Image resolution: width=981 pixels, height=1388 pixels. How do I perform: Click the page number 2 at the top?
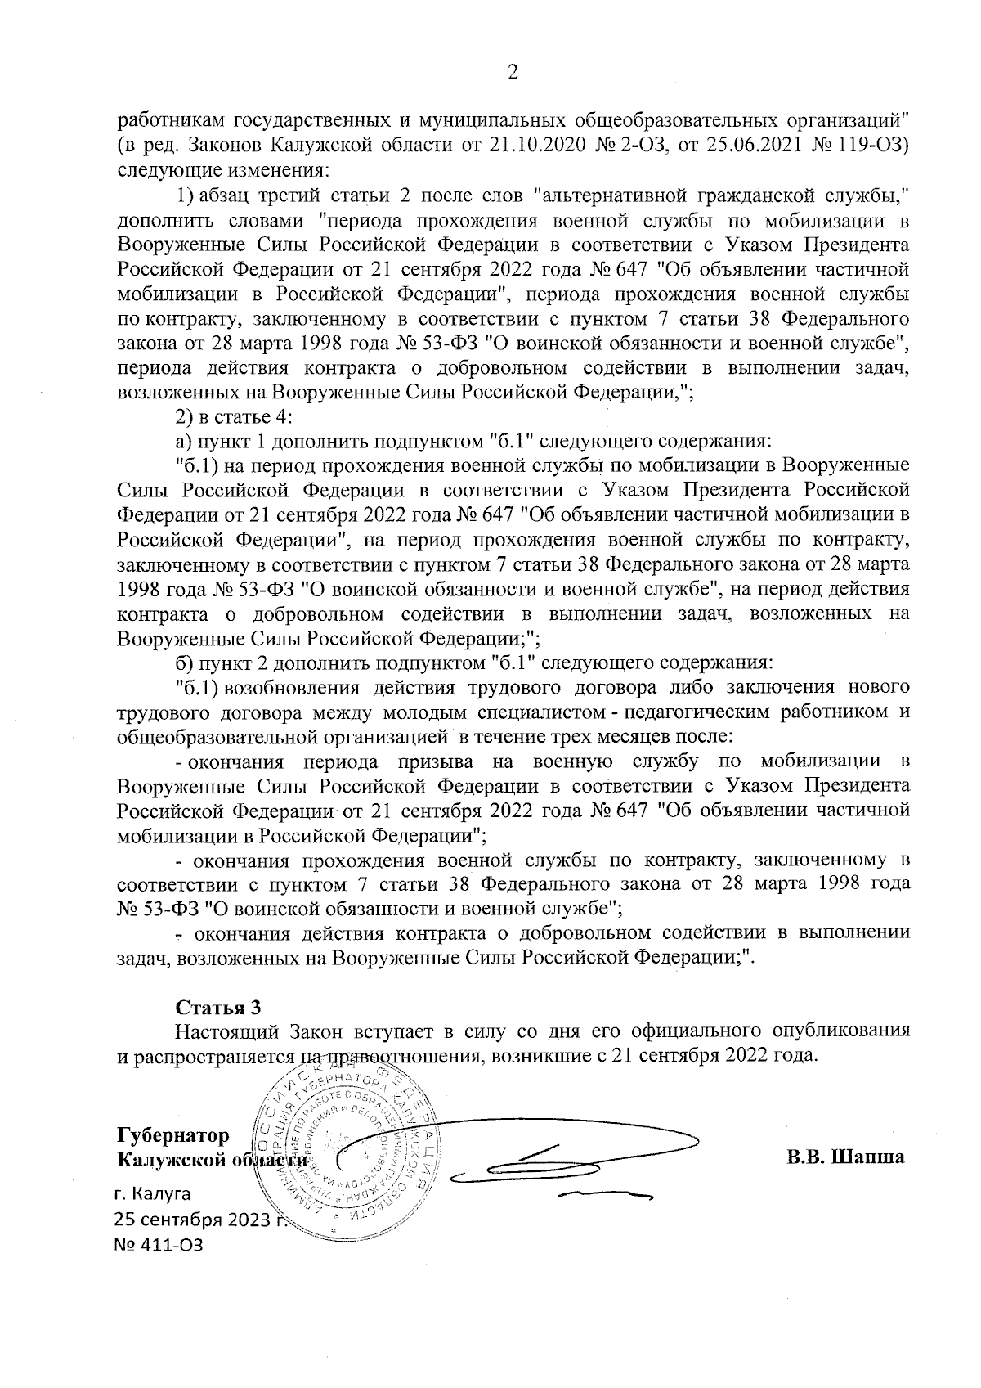coord(513,74)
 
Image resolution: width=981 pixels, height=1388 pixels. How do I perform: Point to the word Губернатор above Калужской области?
coord(172,1135)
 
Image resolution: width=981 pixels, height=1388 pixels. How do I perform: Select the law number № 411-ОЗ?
coord(159,1268)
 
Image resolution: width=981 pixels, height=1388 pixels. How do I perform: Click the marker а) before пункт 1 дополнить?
coord(184,442)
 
